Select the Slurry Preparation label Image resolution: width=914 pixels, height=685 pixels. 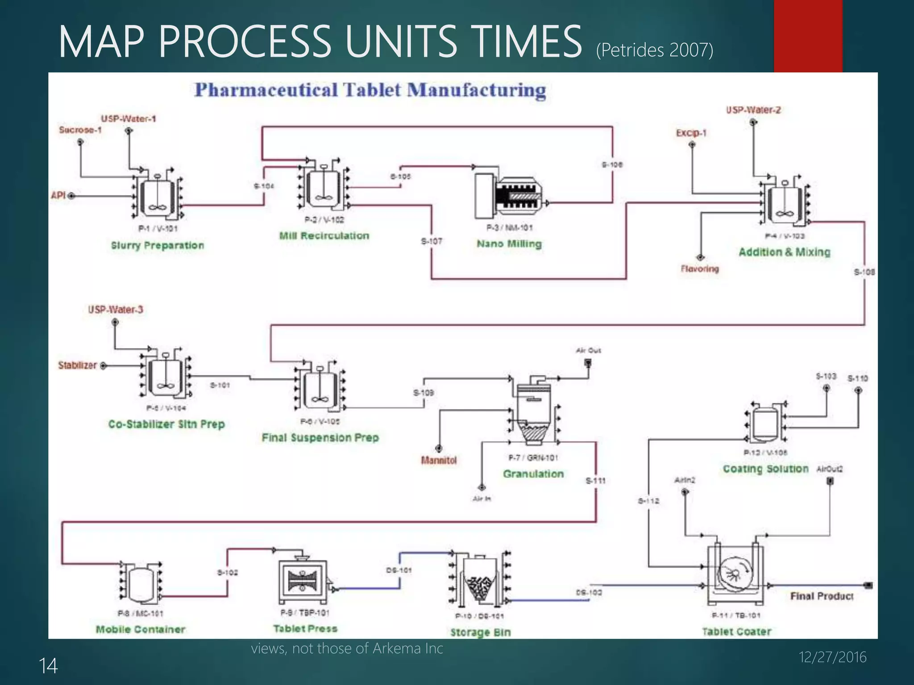tap(158, 245)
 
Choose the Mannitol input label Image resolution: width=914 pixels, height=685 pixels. tap(439, 460)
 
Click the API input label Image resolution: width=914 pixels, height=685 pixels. tap(58, 195)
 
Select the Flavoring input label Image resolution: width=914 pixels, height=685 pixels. tap(699, 268)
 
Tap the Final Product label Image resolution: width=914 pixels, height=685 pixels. tap(822, 596)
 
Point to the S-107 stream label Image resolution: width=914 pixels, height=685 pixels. tap(432, 241)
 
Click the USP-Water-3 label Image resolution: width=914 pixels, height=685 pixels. tap(116, 309)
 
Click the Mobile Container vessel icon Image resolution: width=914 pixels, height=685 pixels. tap(141, 584)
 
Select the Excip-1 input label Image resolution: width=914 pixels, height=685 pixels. tap(691, 133)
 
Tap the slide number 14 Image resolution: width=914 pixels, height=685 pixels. tap(48, 666)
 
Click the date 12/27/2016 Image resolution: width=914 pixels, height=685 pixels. tap(832, 657)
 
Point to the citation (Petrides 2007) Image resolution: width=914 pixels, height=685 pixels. tap(654, 50)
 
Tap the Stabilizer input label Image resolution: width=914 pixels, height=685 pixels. tap(77, 365)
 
